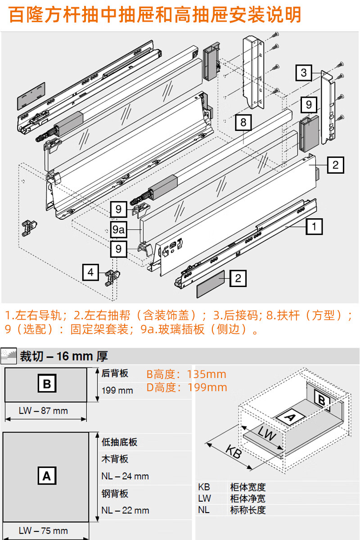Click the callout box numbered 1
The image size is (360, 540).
[314, 226]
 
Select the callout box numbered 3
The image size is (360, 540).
[304, 72]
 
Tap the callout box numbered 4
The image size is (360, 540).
[90, 272]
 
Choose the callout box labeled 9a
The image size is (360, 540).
[118, 229]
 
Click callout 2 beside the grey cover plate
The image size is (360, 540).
[238, 279]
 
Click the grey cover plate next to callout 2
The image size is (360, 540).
[211, 282]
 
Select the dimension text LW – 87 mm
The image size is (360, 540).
[43, 410]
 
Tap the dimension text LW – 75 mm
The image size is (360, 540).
[43, 531]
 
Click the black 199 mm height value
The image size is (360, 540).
[117, 390]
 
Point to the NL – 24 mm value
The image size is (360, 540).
[125, 476]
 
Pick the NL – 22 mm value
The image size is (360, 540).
[125, 510]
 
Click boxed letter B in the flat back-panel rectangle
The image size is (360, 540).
[46, 385]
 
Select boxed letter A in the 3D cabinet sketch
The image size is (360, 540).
[290, 418]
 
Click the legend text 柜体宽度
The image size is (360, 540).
[247, 487]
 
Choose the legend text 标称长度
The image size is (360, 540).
[247, 510]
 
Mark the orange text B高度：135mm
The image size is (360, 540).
[186, 374]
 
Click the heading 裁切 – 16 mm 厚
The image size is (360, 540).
[63, 356]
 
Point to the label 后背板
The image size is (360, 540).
[115, 373]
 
